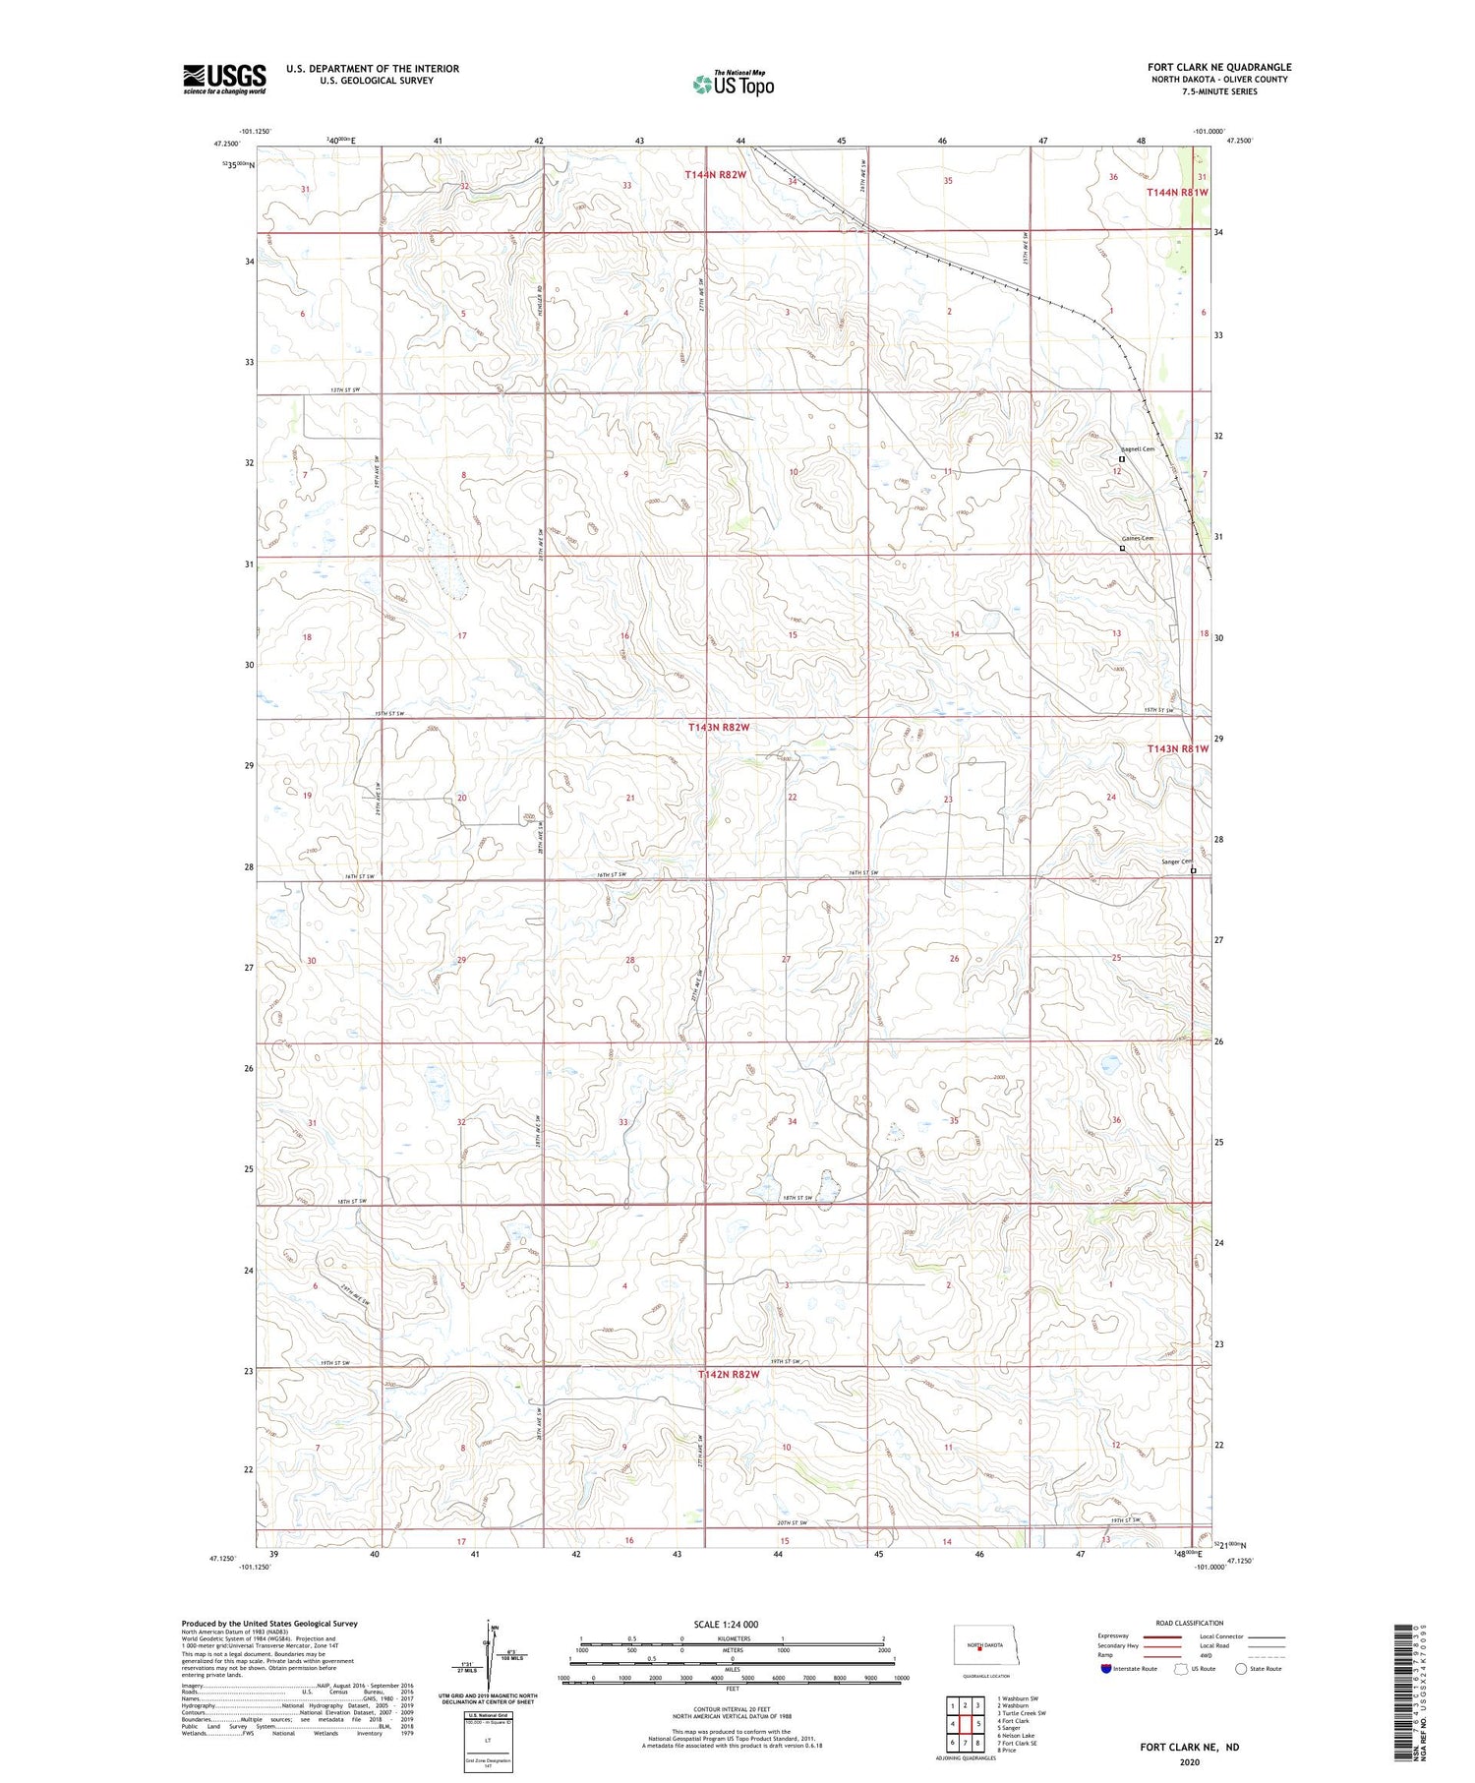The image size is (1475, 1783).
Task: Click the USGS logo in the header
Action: point(224,79)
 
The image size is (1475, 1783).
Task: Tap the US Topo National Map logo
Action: point(733,85)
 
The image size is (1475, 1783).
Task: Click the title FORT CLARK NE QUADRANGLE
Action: point(1219,67)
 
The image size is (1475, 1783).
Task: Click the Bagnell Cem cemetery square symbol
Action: point(1121,458)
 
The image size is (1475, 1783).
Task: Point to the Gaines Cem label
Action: point(1137,539)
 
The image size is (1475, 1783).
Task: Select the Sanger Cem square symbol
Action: point(1194,870)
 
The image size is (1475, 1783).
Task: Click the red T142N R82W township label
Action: point(729,1374)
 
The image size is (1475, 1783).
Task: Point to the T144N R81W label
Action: point(1176,193)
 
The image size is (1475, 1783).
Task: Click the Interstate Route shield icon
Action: point(1106,1668)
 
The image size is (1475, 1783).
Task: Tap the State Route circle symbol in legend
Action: point(1241,1668)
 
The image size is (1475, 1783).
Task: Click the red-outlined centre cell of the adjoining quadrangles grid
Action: point(966,1724)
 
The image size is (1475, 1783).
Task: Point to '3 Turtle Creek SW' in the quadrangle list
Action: point(1023,1713)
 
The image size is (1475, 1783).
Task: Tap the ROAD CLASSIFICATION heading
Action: point(1190,1623)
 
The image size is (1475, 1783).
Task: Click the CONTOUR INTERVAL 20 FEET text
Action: point(733,1710)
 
